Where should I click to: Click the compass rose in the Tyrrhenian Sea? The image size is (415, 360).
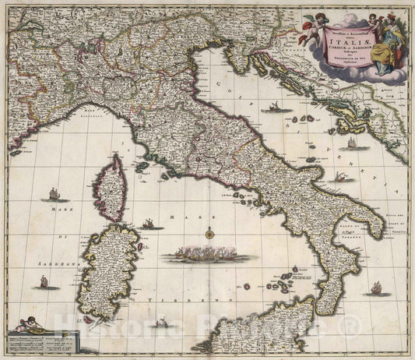210,231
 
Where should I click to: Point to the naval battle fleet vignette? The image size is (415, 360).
206,253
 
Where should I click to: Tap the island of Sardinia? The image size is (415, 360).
114,269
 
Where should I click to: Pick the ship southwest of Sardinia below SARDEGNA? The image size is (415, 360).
49,285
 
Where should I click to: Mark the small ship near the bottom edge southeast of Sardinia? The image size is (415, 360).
162,321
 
